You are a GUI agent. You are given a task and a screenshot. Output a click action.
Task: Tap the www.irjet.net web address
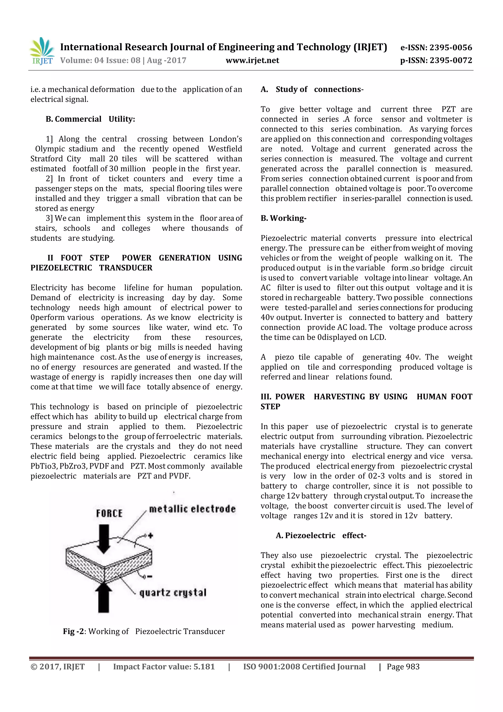coord(252,60)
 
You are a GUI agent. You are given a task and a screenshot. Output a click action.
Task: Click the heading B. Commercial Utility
coord(90,119)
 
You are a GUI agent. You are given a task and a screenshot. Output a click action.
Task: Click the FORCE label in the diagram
coord(109,513)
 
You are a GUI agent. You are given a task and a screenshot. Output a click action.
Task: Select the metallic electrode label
coord(192,509)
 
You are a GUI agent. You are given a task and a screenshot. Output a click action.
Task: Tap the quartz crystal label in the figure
coord(173,593)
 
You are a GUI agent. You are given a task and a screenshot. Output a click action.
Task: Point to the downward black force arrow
coord(104,539)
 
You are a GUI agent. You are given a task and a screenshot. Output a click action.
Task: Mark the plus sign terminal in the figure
coord(150,536)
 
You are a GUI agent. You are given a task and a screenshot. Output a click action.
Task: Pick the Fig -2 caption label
coord(73,632)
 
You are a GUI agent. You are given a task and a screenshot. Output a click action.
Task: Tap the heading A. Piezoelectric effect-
coord(321,536)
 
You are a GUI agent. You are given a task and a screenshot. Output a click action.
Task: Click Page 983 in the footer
coord(403,667)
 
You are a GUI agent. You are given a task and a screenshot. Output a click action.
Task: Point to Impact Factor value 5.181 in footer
coord(164,667)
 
